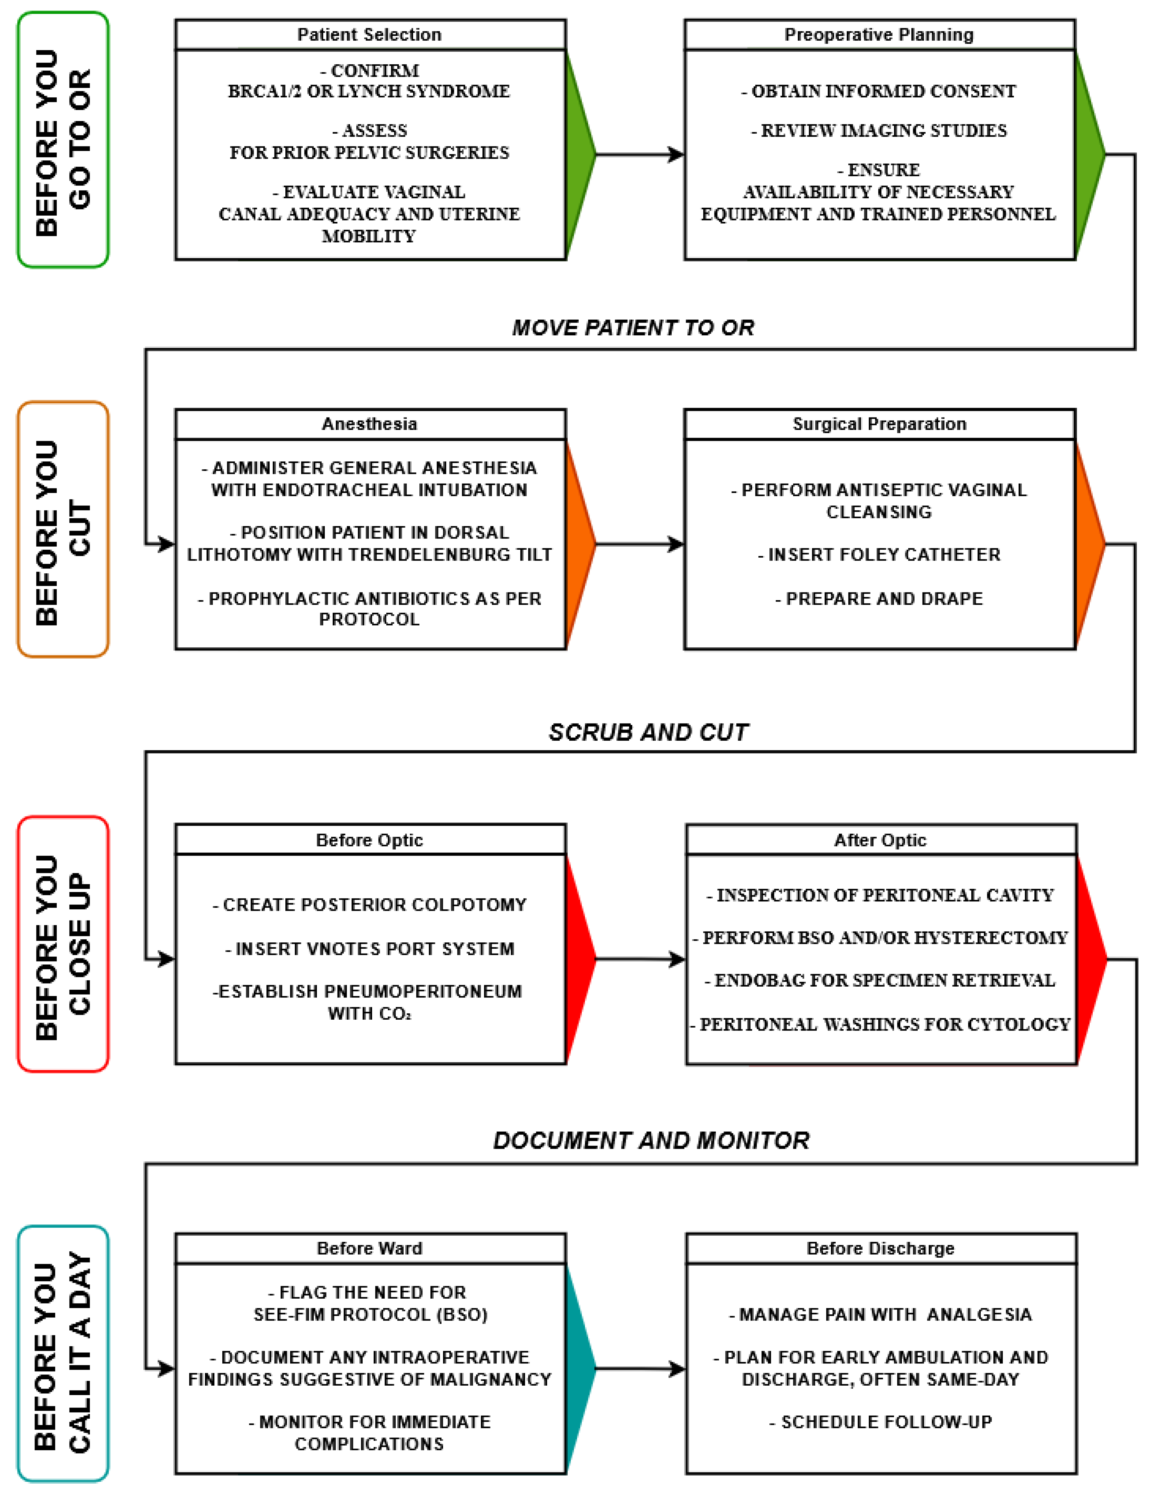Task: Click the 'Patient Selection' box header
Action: tap(370, 35)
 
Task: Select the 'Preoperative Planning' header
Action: tap(879, 35)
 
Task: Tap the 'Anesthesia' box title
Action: tap(370, 424)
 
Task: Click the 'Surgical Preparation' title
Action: tap(879, 424)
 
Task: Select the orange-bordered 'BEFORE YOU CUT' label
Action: tap(63, 529)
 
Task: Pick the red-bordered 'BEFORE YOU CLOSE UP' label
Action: tap(63, 944)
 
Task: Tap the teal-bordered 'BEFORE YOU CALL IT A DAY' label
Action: tap(63, 1353)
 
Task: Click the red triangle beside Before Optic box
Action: tap(580, 959)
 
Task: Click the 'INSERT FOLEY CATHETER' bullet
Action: tap(879, 555)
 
